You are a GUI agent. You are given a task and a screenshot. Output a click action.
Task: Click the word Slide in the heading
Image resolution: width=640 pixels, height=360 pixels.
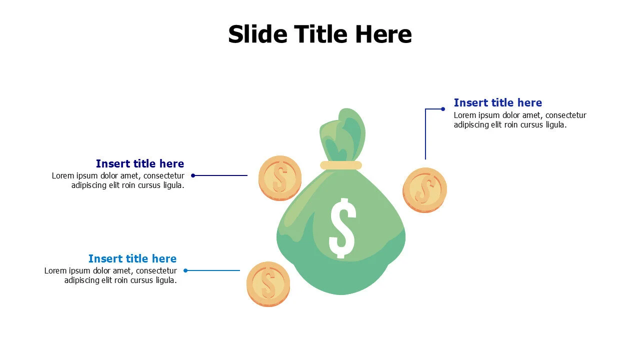(x=257, y=34)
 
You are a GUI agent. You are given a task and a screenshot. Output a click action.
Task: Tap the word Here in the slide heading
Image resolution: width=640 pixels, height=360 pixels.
(x=383, y=34)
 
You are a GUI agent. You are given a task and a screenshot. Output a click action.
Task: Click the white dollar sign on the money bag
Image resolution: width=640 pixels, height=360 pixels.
(x=342, y=228)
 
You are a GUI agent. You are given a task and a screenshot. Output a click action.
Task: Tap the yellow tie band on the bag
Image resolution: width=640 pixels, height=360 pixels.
(x=341, y=165)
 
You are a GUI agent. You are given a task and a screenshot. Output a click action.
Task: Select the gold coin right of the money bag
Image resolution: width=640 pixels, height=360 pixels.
(x=424, y=189)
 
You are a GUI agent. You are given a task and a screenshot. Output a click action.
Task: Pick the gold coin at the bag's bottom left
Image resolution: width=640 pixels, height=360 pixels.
(x=268, y=283)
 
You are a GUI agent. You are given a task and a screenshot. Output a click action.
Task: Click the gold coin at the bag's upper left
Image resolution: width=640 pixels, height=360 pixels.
(x=280, y=177)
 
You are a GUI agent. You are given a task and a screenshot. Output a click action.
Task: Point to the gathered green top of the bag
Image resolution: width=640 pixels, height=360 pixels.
(x=343, y=135)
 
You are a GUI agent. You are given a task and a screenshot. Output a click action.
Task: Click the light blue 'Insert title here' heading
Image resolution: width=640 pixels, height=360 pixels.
(x=132, y=258)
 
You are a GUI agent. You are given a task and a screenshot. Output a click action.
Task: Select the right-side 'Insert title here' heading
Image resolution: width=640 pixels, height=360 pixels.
(x=497, y=102)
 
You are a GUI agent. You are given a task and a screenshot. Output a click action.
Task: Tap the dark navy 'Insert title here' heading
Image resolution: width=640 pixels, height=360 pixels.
(x=140, y=163)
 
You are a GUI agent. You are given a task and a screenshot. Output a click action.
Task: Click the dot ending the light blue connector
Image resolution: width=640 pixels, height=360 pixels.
(x=185, y=270)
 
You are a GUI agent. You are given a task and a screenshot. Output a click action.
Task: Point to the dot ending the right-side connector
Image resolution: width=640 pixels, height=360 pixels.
(x=443, y=109)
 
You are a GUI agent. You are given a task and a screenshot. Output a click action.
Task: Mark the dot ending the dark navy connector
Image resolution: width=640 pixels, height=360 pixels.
(x=193, y=175)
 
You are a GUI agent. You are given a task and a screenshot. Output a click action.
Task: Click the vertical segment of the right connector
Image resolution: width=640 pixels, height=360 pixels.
(x=425, y=135)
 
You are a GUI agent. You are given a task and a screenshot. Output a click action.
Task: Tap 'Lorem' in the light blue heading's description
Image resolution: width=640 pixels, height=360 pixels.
(x=55, y=270)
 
